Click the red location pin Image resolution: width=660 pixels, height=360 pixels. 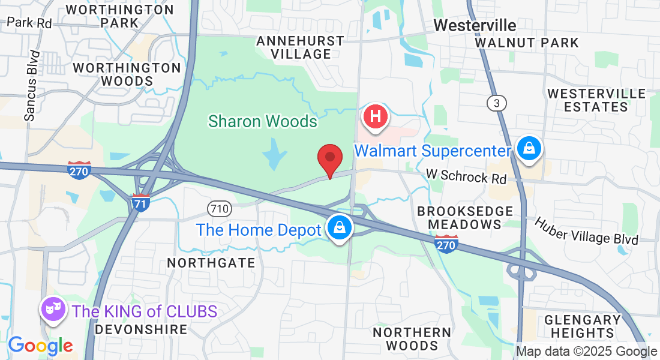click(329, 159)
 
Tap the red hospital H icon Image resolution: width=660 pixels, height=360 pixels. click(376, 115)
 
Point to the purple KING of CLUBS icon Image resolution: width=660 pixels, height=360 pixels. click(52, 310)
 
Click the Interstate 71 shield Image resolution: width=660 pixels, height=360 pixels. click(141, 202)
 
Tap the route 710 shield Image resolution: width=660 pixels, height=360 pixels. click(219, 209)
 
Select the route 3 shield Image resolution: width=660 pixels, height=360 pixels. click(496, 104)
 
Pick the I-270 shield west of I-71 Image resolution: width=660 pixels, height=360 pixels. click(79, 170)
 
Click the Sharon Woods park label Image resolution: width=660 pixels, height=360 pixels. click(263, 121)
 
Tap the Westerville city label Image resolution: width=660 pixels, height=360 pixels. click(475, 25)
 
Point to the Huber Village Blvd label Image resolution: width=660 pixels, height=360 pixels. click(586, 230)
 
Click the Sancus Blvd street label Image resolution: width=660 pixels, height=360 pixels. click(32, 86)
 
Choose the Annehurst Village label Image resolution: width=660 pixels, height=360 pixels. click(300, 47)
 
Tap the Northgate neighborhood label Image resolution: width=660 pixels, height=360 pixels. click(211, 263)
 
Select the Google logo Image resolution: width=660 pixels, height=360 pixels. click(40, 346)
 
